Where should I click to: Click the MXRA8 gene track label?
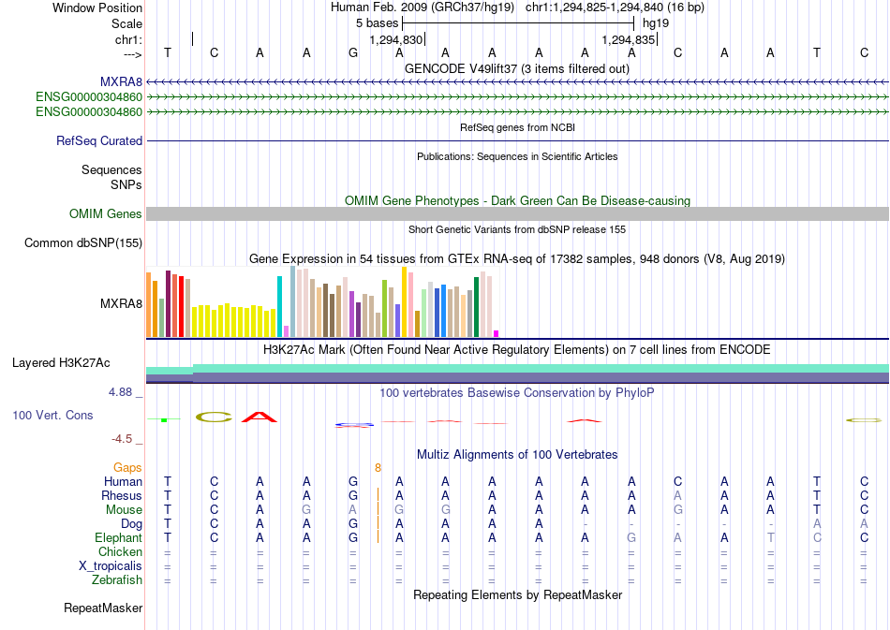[x=121, y=82]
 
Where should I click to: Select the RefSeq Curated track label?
[x=99, y=140]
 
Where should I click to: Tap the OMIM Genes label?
[x=106, y=213]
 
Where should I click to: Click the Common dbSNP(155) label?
[x=83, y=242]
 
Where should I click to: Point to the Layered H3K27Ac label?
[x=61, y=363]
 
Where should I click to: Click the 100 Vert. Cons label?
[x=52, y=415]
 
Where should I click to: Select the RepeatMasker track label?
[x=103, y=608]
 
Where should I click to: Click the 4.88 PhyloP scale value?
[x=120, y=392]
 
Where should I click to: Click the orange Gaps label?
[x=127, y=467]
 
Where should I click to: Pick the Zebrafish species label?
[x=117, y=579]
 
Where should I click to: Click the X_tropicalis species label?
[x=111, y=566]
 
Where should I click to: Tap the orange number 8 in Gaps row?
[x=378, y=468]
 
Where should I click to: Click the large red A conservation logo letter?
[x=260, y=417]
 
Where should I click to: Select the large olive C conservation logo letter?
[x=214, y=418]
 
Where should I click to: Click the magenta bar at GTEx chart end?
[x=497, y=333]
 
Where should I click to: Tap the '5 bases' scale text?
[x=378, y=23]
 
